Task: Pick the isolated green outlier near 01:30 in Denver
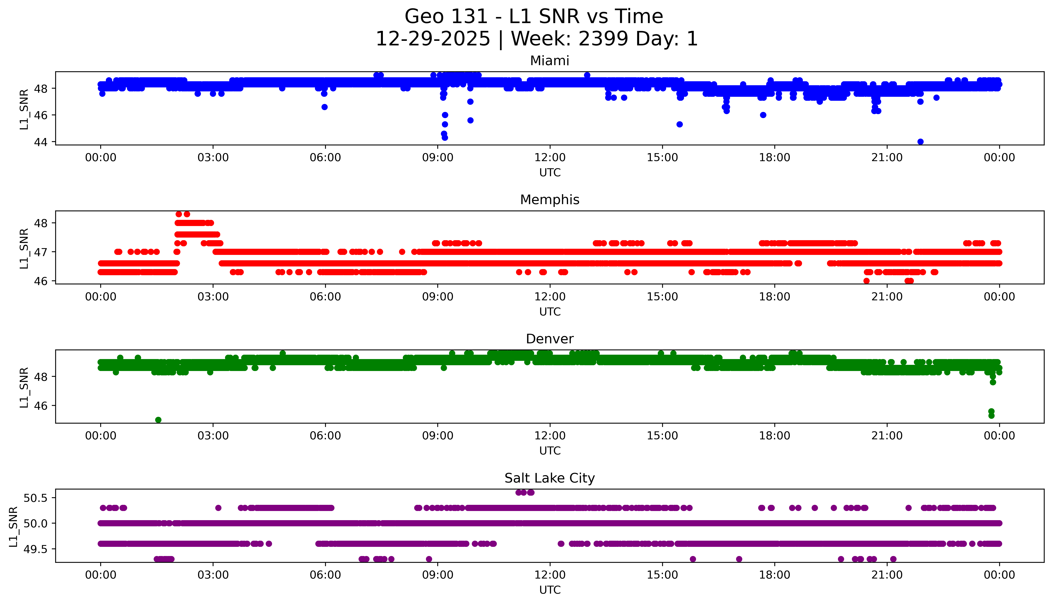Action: [158, 420]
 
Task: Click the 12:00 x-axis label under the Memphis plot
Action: [550, 297]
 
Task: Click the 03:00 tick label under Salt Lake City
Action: [213, 575]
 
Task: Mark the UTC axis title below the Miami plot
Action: [550, 173]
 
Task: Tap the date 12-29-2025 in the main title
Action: [433, 39]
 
